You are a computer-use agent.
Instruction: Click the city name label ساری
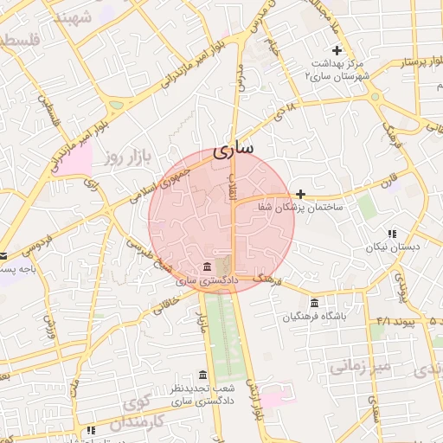pyautogui.click(x=233, y=148)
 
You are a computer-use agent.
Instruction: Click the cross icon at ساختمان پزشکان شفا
pyautogui.click(x=300, y=194)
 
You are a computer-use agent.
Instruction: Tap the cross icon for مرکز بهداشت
pyautogui.click(x=337, y=50)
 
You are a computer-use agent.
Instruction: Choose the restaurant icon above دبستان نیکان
pyautogui.click(x=392, y=233)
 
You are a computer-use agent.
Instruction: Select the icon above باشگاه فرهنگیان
pyautogui.click(x=313, y=303)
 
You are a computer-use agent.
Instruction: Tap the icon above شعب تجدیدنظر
pyautogui.click(x=202, y=375)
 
